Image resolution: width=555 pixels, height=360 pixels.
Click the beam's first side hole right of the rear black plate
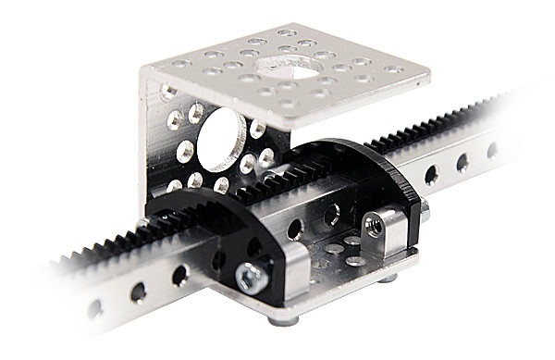431,173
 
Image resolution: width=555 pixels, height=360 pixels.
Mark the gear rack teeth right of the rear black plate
435,133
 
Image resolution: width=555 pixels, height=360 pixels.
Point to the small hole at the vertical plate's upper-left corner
167,92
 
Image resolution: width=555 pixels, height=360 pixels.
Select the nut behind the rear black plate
424,211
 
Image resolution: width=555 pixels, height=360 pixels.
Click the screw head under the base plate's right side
388,277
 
